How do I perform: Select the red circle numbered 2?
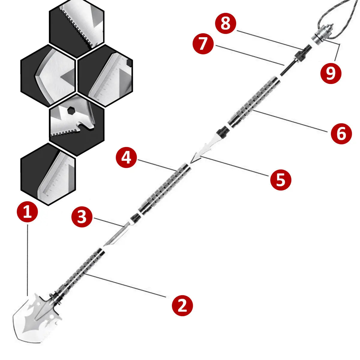182,306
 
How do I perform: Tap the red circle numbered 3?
82,217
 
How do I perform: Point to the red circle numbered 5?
280,180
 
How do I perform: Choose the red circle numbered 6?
341,133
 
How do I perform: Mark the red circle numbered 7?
203,44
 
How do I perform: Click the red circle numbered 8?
225,24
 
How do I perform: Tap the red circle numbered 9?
331,73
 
